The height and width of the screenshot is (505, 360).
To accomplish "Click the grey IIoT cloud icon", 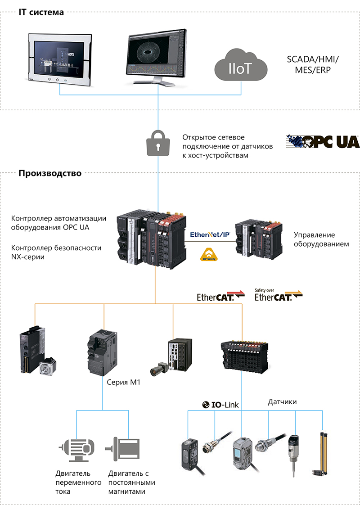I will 241,67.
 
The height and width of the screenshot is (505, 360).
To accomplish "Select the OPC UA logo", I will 323,141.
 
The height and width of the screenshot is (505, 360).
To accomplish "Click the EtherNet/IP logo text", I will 210,234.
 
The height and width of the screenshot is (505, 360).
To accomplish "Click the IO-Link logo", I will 220,405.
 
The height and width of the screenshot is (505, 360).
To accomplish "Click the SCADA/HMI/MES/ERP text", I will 313,65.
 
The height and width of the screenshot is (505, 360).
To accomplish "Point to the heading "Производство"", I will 50,173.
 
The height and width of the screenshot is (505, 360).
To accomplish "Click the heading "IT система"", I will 41,12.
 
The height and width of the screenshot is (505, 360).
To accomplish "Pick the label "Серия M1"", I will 124,382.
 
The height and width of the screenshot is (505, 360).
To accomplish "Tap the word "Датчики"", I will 282,401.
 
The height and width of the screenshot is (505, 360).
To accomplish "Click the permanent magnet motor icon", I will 122,448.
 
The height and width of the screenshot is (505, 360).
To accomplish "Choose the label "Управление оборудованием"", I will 315,239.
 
